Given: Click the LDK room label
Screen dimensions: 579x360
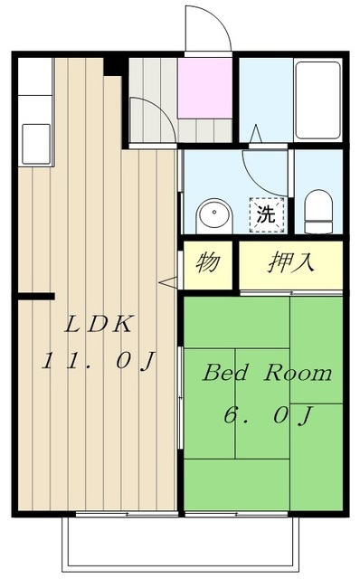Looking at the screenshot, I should [x=99, y=324].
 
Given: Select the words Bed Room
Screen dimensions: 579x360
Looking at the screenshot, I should [x=266, y=373].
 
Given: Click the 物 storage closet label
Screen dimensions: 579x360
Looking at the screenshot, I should [x=208, y=263].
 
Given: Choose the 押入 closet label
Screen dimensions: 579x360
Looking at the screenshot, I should [x=289, y=263].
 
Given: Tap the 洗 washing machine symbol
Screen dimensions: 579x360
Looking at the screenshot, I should [x=266, y=215].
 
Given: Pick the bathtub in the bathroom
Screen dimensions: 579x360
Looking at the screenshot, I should [x=317, y=100].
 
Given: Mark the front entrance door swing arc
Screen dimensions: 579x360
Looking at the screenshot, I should [x=206, y=27].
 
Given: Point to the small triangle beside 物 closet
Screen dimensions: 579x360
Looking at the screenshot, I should [x=168, y=283].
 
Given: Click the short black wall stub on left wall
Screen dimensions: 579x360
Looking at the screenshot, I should [x=34, y=295].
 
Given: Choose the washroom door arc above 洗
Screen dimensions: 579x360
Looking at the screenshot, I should [x=265, y=167].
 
